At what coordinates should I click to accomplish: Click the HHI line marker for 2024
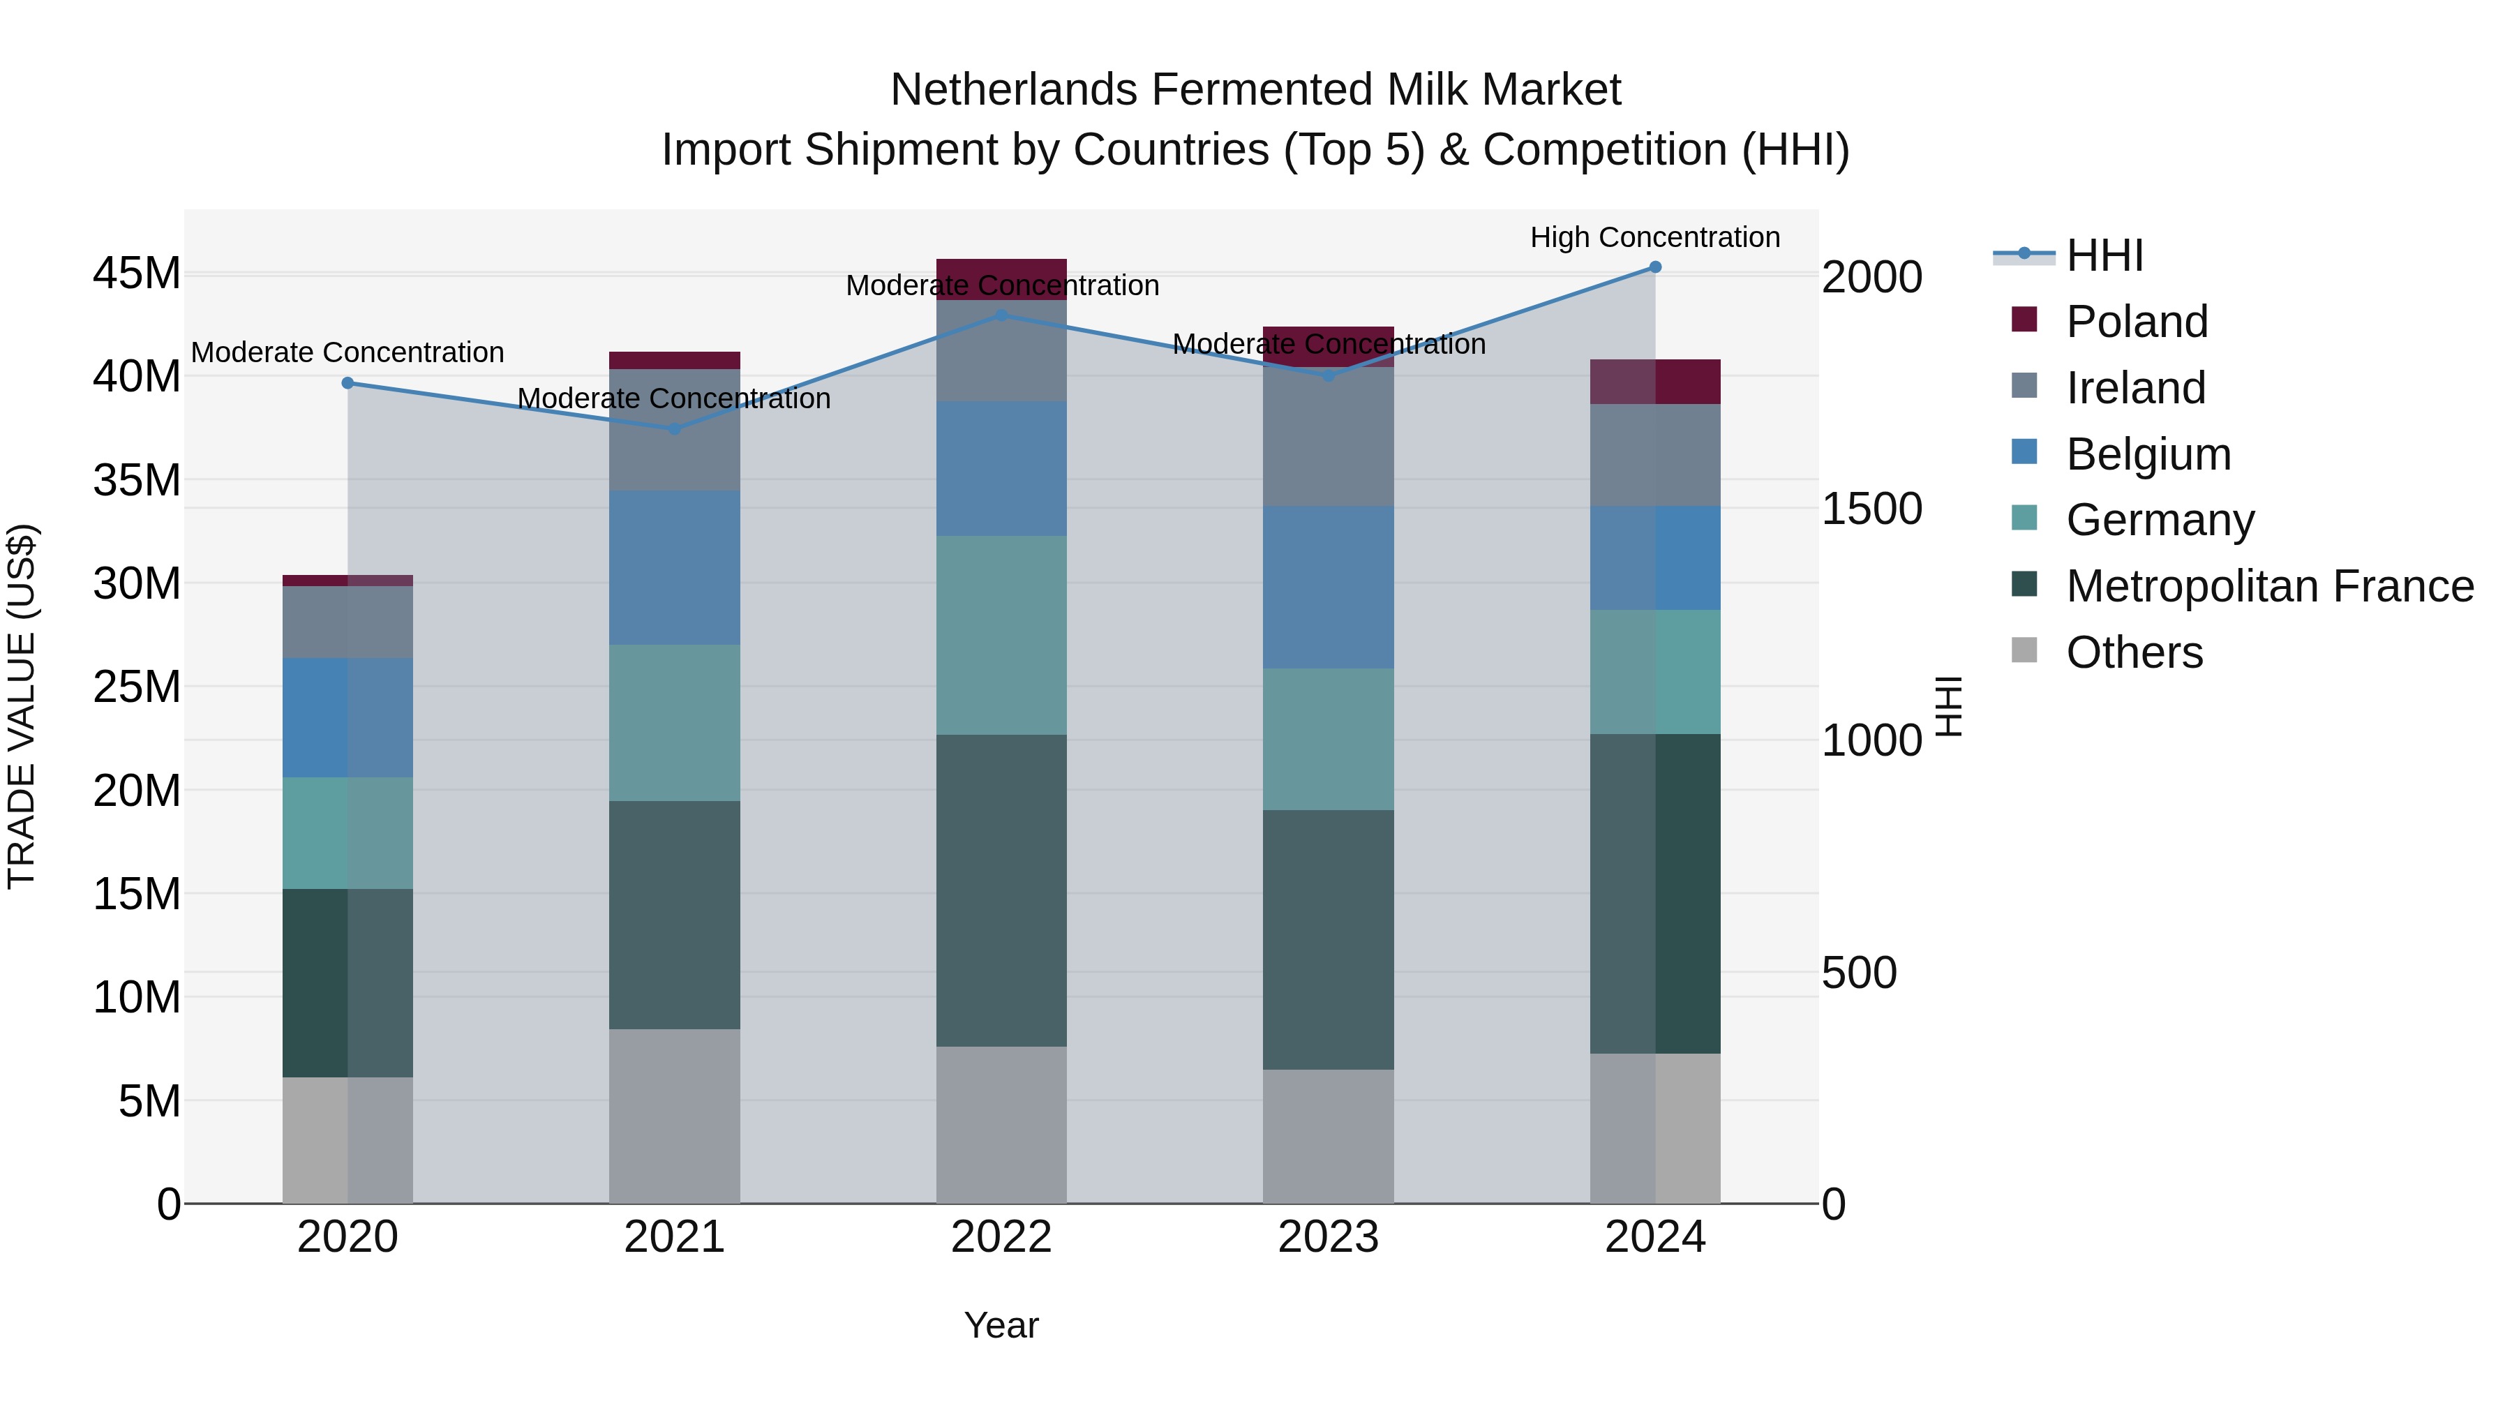point(1655,267)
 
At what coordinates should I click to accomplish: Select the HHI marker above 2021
point(674,429)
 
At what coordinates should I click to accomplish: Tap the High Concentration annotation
point(1655,237)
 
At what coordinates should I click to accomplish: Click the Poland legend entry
point(2136,322)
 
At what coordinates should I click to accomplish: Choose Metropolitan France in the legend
point(2269,586)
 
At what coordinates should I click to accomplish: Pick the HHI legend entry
point(2104,255)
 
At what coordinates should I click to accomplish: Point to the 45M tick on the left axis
point(137,274)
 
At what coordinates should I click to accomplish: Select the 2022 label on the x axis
point(1001,1237)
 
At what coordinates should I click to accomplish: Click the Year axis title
point(1001,1325)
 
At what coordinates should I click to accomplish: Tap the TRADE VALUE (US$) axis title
point(22,706)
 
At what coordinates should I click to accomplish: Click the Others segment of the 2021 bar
point(674,1116)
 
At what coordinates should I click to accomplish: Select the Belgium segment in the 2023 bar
point(1328,587)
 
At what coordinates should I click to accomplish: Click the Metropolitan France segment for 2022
point(1001,890)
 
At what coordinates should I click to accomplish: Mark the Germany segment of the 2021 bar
point(674,723)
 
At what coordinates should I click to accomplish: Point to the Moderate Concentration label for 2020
point(347,352)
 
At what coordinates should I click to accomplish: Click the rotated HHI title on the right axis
point(1948,706)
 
